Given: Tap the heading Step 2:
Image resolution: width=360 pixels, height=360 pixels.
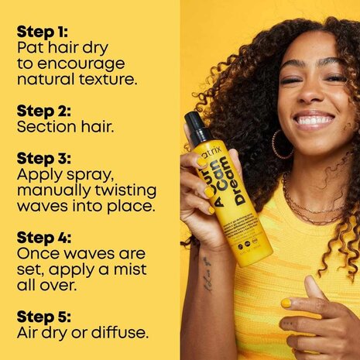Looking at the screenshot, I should click(43, 108).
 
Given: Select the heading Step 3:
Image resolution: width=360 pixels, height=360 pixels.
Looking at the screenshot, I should click(43, 159).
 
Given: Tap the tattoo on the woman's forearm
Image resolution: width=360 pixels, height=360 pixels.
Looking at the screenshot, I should click(207, 273).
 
